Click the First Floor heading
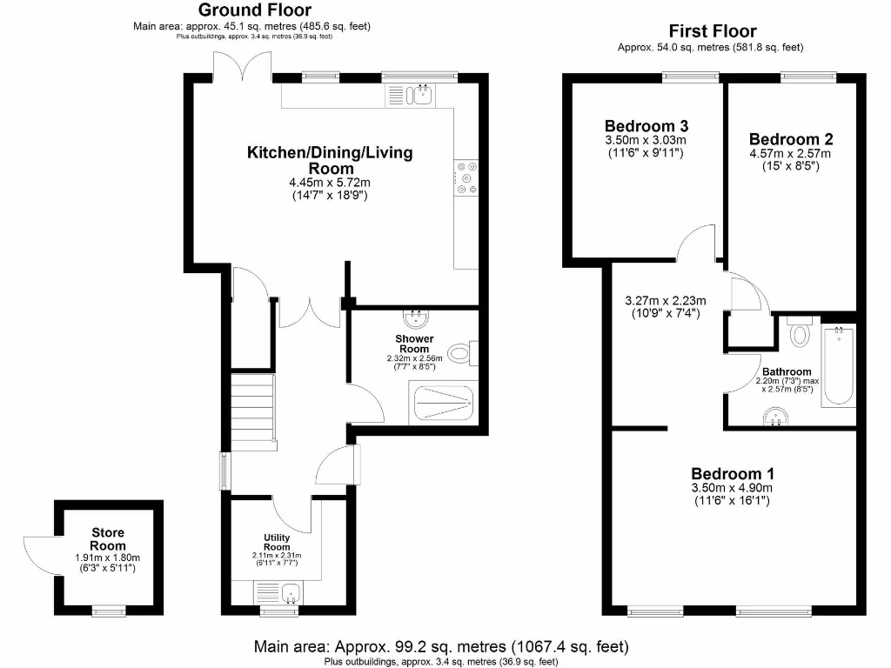click(712, 31)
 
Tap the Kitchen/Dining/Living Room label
click(330, 160)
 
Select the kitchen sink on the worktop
click(420, 94)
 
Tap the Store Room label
click(108, 538)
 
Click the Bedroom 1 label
click(732, 474)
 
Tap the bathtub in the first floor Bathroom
click(839, 365)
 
